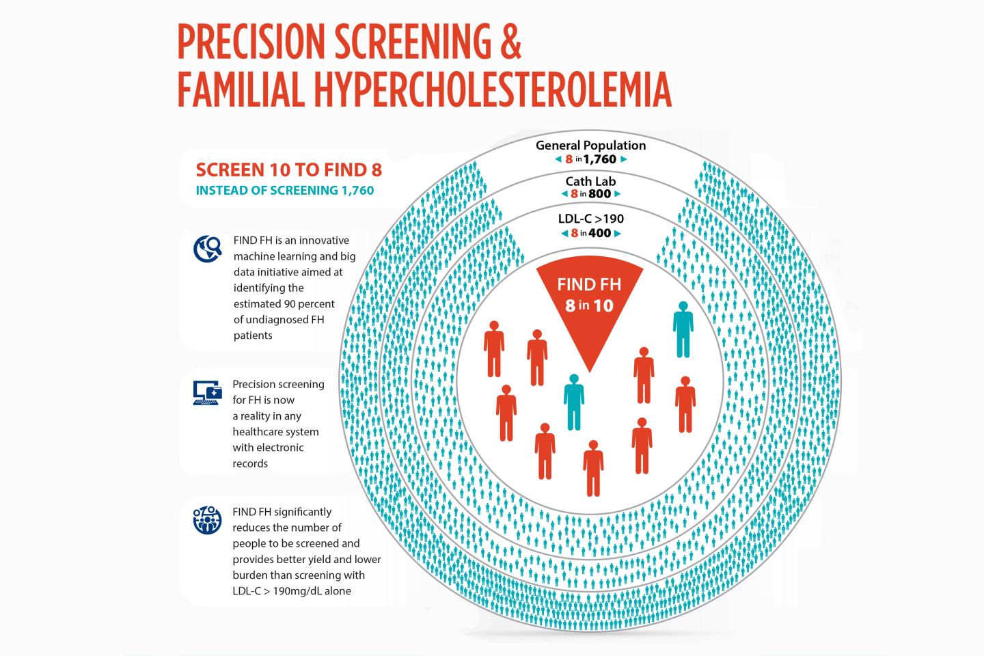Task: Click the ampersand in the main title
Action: tap(506, 42)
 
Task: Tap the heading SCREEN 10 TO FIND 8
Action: tap(288, 170)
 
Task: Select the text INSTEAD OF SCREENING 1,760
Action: tap(285, 191)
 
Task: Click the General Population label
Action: tap(590, 145)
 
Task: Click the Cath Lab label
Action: tap(590, 180)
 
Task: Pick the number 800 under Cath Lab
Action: tap(601, 193)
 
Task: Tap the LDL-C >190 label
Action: tap(590, 219)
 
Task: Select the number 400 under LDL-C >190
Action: tap(599, 233)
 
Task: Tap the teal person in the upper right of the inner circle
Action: tap(683, 329)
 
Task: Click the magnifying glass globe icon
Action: tap(208, 249)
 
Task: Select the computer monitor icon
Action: tap(208, 392)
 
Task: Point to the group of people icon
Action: tap(208, 519)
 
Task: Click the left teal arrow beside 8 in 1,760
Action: tap(558, 159)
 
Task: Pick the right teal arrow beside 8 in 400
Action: tap(618, 233)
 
